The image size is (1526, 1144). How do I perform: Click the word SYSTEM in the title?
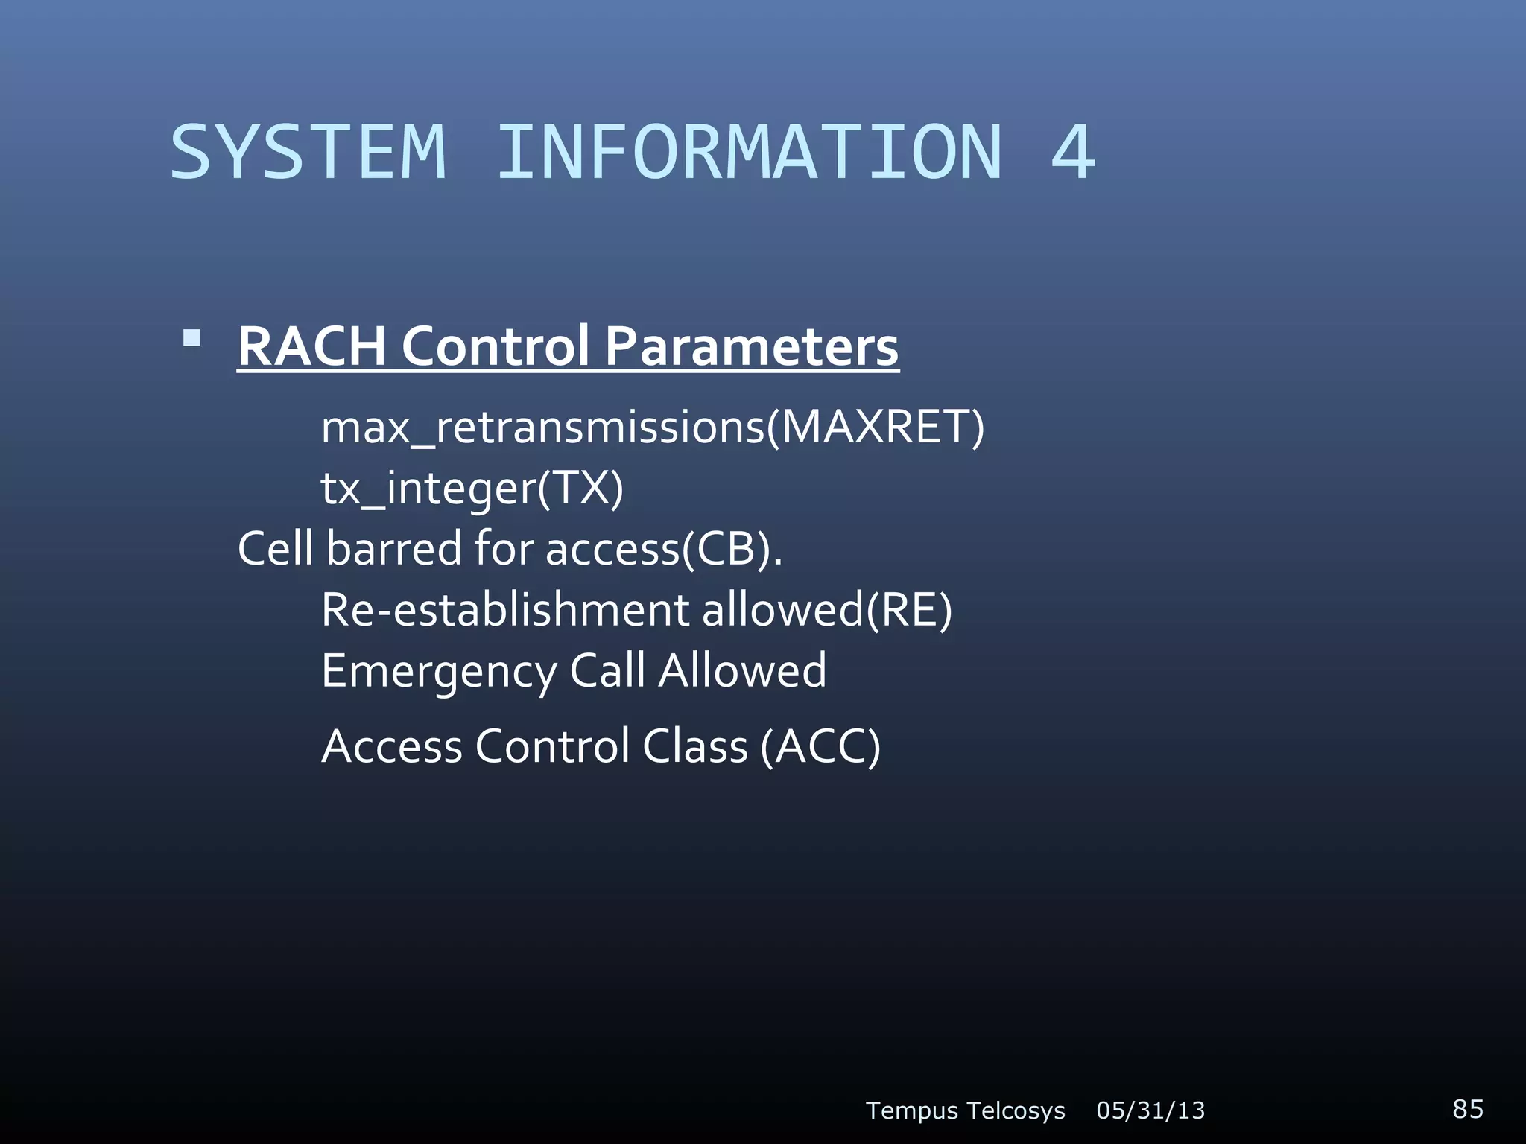pyautogui.click(x=308, y=153)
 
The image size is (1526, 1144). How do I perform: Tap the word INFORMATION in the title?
pyautogui.click(x=749, y=153)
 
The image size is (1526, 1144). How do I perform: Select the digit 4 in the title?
pyautogui.click(x=1073, y=153)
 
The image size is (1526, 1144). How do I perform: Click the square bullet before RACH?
pyautogui.click(x=192, y=340)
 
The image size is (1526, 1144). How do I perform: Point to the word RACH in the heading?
pyautogui.click(x=312, y=347)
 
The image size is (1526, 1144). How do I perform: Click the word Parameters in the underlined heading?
pyautogui.click(x=751, y=347)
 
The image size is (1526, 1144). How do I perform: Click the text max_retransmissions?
pyautogui.click(x=543, y=429)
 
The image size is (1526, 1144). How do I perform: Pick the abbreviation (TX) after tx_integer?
pyautogui.click(x=580, y=489)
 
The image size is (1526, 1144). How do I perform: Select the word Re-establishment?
pyautogui.click(x=505, y=610)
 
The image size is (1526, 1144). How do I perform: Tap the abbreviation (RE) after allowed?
pyautogui.click(x=908, y=610)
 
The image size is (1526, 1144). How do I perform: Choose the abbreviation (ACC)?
pyautogui.click(x=820, y=746)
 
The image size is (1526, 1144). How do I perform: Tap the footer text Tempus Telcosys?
pyautogui.click(x=965, y=1110)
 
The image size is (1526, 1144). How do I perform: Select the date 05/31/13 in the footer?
pyautogui.click(x=1150, y=1110)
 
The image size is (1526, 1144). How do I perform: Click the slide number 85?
pyautogui.click(x=1467, y=1108)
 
